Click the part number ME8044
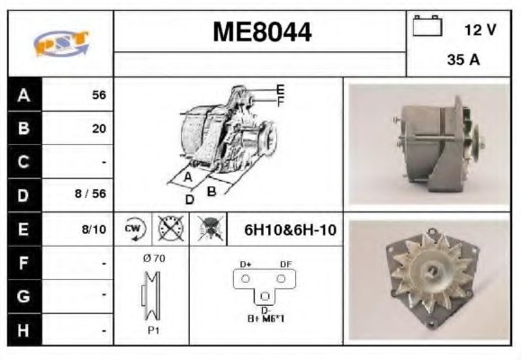tap(262, 33)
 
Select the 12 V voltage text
tap(480, 30)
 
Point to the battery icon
tap(426, 28)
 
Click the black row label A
tap(24, 94)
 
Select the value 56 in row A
tap(98, 94)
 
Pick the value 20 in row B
tap(98, 128)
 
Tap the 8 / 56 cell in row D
tap(90, 193)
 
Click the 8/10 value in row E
tap(93, 229)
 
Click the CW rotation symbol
tap(133, 229)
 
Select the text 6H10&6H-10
tap(290, 229)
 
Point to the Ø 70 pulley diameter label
tap(153, 259)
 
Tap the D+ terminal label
tap(245, 265)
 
